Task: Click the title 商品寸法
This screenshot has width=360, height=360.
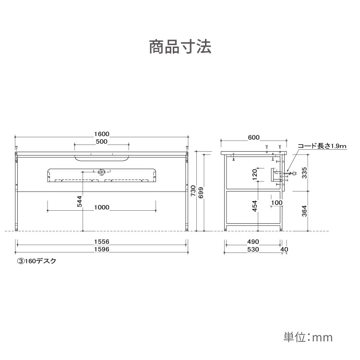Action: tap(180, 47)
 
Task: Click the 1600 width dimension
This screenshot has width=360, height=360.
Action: tap(102, 134)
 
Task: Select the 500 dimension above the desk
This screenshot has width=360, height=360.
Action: tap(102, 142)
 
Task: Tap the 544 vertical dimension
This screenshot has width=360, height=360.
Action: tap(79, 201)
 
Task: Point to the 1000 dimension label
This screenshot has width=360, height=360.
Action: tap(102, 207)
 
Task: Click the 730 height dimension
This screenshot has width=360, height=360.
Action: tap(193, 191)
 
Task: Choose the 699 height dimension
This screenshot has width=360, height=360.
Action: tap(201, 193)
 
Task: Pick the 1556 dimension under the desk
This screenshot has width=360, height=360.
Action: tap(102, 241)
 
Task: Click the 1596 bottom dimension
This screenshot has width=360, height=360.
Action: tap(102, 249)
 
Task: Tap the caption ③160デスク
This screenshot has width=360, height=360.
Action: tap(36, 261)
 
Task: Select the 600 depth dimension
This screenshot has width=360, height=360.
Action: tap(254, 137)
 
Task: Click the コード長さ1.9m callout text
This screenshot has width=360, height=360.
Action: tap(322, 146)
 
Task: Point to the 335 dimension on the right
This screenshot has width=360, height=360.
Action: tap(304, 173)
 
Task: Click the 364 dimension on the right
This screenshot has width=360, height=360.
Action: tap(304, 211)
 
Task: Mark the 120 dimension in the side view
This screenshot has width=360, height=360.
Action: tap(254, 175)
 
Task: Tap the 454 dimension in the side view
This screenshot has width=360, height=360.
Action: tap(254, 206)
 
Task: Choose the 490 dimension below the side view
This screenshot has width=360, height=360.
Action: tap(253, 241)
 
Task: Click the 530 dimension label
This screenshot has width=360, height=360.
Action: tap(253, 249)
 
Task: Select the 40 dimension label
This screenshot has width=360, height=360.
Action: tap(284, 249)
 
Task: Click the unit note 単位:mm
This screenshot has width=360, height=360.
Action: tap(308, 337)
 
